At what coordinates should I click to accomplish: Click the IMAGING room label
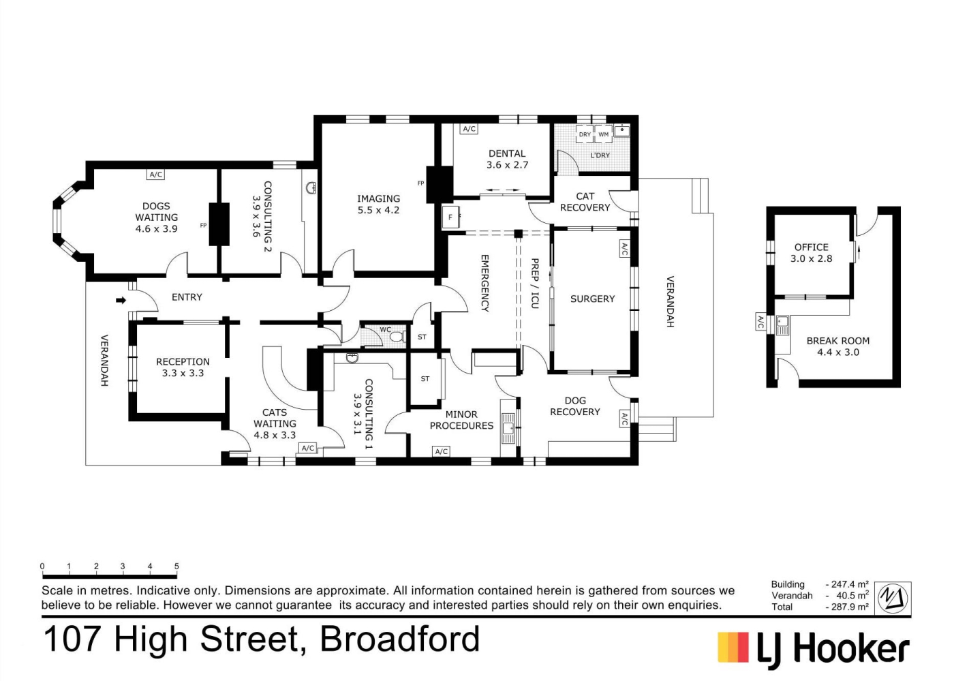click(x=378, y=198)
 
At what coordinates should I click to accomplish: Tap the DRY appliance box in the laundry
click(x=585, y=134)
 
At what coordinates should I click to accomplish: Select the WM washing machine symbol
click(x=604, y=134)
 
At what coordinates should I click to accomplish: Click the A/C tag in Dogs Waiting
click(x=156, y=175)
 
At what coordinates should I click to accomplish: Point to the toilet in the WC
click(x=397, y=337)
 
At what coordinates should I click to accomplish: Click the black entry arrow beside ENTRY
click(x=121, y=301)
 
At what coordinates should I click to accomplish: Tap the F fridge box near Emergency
click(x=450, y=217)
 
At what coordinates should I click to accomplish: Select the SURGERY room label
click(x=592, y=299)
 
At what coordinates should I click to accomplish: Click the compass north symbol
click(x=893, y=598)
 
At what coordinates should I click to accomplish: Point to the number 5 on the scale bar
click(x=176, y=566)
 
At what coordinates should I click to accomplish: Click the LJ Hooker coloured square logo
click(x=733, y=647)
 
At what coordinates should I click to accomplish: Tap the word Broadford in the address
click(x=399, y=639)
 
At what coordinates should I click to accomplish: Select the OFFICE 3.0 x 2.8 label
click(x=812, y=253)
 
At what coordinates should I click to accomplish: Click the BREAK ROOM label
click(x=837, y=341)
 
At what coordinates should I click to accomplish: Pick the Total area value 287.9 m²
click(x=846, y=607)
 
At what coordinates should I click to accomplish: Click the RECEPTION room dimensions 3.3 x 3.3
click(x=183, y=374)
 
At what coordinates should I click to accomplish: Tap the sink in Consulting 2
click(x=311, y=188)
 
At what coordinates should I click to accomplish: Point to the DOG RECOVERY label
click(x=575, y=406)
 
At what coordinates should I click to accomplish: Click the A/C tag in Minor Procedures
click(x=442, y=451)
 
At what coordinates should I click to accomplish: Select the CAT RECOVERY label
click(x=585, y=202)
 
